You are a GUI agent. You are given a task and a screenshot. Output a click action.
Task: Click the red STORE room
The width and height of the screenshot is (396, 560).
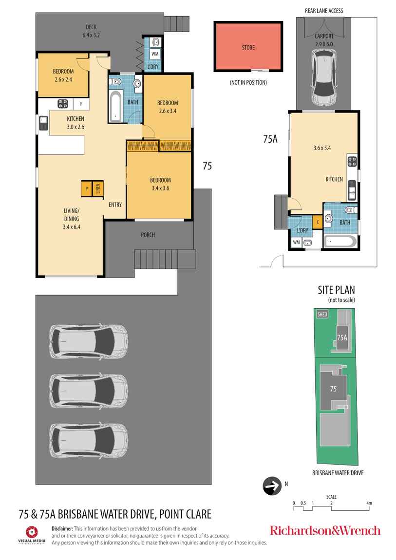point(248,46)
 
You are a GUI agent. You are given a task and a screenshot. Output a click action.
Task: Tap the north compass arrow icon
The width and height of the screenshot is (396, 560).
point(272,485)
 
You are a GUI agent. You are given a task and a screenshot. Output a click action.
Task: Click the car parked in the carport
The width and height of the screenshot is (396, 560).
point(324,77)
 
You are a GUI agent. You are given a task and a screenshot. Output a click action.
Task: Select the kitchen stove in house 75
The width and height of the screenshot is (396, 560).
point(63,104)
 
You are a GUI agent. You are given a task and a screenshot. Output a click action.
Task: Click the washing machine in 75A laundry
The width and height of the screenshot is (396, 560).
point(296,242)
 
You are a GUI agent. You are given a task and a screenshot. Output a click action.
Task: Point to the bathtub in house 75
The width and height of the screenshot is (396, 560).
point(116,107)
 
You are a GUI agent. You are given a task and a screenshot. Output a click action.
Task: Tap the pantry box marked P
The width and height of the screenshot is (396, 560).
point(86,188)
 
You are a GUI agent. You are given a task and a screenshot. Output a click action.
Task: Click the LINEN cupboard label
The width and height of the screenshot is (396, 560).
point(98,188)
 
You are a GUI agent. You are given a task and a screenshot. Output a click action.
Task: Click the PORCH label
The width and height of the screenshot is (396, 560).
point(148,235)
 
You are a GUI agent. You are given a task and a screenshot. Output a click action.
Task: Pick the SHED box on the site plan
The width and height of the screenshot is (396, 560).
point(322,314)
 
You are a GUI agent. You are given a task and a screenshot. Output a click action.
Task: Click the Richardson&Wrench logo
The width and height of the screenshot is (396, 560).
point(325,530)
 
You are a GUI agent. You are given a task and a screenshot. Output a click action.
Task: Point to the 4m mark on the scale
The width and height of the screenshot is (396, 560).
point(369,503)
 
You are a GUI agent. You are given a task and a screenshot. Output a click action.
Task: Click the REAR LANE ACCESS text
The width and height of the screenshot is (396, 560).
point(324,11)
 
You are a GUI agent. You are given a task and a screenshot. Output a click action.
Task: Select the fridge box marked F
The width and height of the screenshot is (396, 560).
point(81,104)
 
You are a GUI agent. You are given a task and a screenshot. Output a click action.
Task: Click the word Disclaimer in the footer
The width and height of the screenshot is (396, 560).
point(62,528)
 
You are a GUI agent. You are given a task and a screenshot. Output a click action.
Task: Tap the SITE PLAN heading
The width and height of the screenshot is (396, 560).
point(337,290)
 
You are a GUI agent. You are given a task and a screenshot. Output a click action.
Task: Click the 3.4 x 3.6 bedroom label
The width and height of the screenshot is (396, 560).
point(160,188)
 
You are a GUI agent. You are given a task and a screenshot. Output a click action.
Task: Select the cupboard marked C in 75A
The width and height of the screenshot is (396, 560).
point(318,222)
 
